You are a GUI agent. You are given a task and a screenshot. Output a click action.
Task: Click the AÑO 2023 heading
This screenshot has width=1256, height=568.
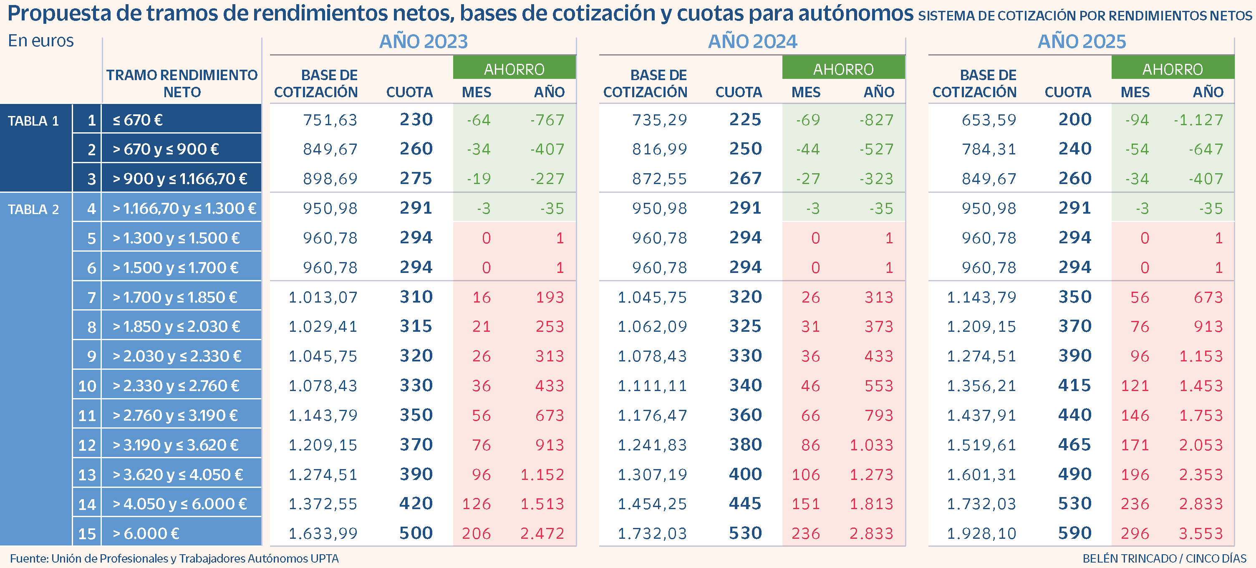pos(423,41)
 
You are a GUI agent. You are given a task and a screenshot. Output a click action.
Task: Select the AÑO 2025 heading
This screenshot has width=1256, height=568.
pos(1082,41)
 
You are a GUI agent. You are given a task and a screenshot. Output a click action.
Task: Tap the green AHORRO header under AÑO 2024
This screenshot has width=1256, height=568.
pos(843,69)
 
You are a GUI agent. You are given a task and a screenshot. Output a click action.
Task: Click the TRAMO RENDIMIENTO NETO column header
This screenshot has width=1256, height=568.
pos(182,83)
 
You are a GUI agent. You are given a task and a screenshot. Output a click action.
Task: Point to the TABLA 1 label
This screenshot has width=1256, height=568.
pos(33,121)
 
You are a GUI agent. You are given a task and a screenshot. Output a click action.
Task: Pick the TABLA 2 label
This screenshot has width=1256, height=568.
pos(33,210)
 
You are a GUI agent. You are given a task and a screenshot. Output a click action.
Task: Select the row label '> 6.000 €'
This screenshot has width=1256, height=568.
pos(146,533)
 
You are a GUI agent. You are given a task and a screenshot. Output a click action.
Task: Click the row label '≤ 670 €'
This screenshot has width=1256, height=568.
pos(138,120)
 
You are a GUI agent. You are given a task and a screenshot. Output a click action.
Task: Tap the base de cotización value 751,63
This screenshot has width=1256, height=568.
pos(330,120)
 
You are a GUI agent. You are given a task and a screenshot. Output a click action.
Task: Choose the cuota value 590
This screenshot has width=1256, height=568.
pos(1074,533)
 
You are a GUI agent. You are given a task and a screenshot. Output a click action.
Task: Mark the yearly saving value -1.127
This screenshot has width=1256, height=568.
pos(1198,120)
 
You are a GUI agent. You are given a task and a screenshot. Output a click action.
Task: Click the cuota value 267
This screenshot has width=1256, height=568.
pos(745,179)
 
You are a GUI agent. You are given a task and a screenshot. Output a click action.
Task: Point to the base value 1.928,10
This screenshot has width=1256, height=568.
pos(981,533)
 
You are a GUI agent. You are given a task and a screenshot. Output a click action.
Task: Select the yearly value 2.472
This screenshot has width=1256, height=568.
pos(542,533)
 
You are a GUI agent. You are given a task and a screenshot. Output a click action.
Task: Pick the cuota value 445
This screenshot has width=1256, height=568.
pos(745,504)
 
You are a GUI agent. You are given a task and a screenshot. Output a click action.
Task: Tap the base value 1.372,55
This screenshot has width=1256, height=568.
pos(323,504)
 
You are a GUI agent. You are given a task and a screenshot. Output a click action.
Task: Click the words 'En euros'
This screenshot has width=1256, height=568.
pos(41,41)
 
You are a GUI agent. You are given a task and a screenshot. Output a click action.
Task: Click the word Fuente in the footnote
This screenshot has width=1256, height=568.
pos(28,558)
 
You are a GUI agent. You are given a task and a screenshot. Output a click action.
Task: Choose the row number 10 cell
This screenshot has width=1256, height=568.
pos(87,386)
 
